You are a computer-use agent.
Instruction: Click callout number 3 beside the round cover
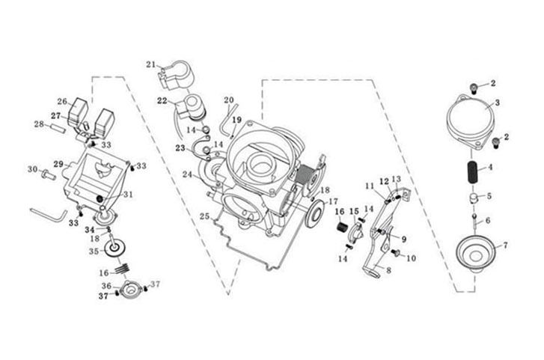coord(497,102)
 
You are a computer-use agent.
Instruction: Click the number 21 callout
coord(150,64)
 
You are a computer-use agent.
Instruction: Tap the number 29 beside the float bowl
coord(58,163)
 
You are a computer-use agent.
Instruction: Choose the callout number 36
coord(107,286)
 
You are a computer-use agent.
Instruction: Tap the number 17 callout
coord(333,202)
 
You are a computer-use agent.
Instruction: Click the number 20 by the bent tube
coord(229,100)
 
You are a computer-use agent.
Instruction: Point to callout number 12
coord(383,181)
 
